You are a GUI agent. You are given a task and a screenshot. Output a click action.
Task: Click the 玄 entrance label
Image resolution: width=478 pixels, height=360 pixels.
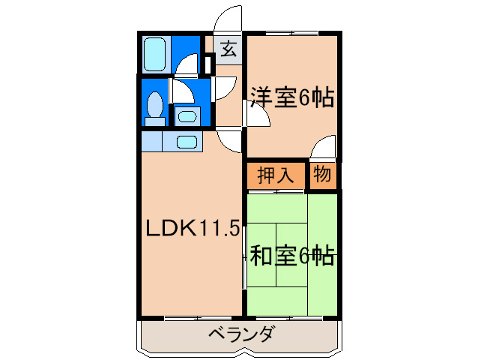(x=229, y=49)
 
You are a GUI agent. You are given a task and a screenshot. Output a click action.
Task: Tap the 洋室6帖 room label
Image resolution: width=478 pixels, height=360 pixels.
(x=292, y=97)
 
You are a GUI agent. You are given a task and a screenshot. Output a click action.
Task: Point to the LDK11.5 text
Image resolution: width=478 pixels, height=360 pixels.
(x=193, y=228)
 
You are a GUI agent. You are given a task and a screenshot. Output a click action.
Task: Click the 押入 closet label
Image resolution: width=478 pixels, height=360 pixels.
(x=276, y=175)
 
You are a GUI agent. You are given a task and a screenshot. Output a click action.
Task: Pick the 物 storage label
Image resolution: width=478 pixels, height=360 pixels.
(x=322, y=174)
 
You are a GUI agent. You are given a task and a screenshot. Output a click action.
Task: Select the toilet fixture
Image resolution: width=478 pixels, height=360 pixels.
(x=155, y=108)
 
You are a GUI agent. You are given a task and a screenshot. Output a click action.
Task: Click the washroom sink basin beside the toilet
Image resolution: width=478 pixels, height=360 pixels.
(x=187, y=116)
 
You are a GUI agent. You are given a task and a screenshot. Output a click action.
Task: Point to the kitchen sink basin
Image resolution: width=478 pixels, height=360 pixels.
(x=187, y=142)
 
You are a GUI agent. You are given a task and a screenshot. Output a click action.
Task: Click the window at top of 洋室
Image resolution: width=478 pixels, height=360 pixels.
(x=292, y=33)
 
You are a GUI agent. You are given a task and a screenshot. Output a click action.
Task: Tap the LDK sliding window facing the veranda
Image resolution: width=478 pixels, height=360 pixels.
(x=198, y=318)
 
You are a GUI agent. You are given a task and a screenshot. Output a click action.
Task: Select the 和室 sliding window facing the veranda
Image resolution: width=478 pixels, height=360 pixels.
(x=289, y=318)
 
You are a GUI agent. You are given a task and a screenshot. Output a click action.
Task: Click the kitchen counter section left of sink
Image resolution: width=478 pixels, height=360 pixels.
(x=152, y=141)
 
